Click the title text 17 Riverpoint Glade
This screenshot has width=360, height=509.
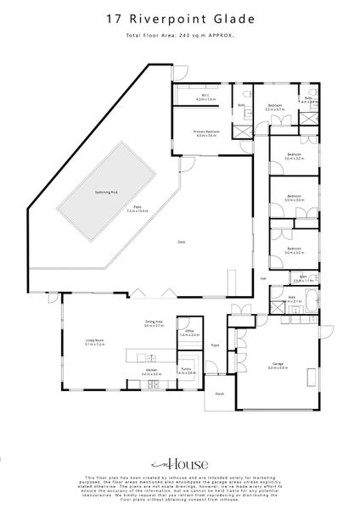tap(179, 16)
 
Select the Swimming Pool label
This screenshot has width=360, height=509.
tap(106, 192)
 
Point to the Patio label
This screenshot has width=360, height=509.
tap(137, 209)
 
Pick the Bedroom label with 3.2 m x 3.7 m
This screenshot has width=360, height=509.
tap(274, 107)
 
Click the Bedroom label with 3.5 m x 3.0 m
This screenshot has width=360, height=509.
tap(294, 197)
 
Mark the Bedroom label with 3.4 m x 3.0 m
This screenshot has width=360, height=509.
tap(294, 250)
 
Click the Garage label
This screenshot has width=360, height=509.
tap(277, 365)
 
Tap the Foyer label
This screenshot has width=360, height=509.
tap(216, 345)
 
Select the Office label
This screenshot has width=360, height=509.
tap(191, 332)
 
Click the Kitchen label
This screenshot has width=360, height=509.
tap(153, 371)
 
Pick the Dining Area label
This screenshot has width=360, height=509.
tap(153, 322)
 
